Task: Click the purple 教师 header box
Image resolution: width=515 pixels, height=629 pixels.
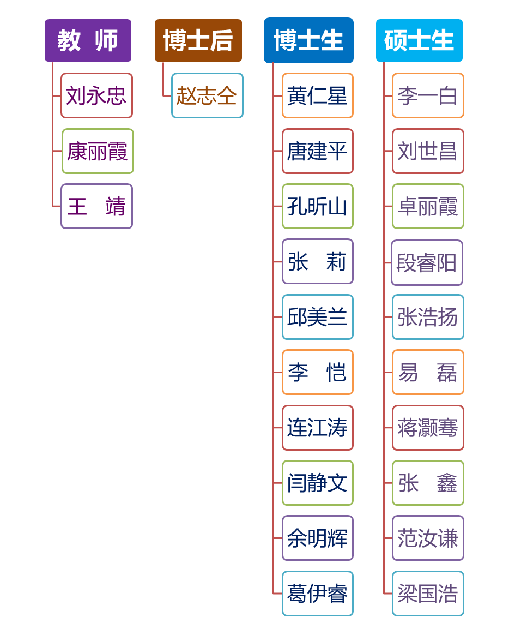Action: coord(88,40)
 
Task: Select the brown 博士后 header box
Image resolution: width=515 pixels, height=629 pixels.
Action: coord(198,40)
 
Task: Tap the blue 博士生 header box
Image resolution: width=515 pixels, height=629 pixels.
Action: coord(308,40)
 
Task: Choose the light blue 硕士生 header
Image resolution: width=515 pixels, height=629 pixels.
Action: coord(419,40)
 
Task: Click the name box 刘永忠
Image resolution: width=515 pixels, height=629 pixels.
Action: coord(96,95)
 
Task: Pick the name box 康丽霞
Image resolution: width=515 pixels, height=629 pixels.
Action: coord(98,151)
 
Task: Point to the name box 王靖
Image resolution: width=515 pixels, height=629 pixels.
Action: coord(96,206)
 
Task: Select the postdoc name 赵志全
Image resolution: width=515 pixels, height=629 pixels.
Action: coord(207,95)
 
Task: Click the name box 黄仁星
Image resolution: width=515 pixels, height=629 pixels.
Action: coord(317,95)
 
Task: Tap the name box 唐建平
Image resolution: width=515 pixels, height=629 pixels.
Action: coord(317,151)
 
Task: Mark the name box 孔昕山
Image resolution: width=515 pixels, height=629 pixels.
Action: coord(317,206)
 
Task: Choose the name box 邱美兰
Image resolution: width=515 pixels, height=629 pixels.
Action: coord(317,317)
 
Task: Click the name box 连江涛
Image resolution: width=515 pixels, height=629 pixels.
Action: coord(317,428)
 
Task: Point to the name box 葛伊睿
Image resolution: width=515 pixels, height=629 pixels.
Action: coord(317,594)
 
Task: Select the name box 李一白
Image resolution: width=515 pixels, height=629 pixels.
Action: coord(428,95)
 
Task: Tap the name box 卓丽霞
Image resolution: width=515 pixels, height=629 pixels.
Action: coord(428,206)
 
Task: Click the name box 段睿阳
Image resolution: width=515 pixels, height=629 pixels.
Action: coord(427,262)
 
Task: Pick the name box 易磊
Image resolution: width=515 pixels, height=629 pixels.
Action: coord(428,372)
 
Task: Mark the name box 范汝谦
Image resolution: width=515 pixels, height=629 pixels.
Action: coord(428,538)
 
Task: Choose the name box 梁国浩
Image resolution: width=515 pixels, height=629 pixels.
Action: coord(428,594)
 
